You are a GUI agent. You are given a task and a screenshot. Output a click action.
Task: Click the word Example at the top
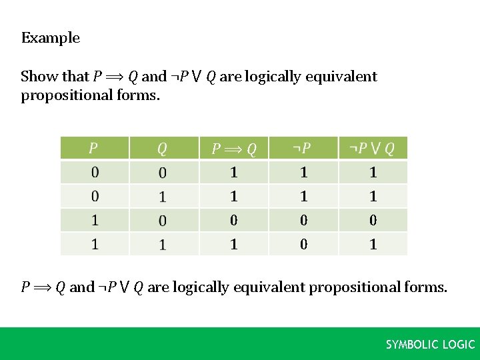51,38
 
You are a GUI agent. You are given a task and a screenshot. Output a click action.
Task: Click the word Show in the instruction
36,77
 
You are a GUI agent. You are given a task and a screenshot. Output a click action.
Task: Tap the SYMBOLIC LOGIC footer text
431,345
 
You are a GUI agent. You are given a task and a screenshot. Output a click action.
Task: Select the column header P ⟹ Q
234,148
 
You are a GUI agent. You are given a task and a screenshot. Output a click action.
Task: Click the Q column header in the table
162,148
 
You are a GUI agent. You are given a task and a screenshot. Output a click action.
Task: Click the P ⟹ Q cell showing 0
234,220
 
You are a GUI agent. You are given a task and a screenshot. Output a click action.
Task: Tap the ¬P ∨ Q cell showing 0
373,220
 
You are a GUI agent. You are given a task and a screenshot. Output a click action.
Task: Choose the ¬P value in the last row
303,244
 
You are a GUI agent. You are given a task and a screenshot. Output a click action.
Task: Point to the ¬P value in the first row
303,173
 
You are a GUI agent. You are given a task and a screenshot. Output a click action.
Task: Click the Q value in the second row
162,197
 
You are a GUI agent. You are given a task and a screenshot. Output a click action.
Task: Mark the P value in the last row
95,244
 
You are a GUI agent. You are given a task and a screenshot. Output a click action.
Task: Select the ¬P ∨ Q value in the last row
373,244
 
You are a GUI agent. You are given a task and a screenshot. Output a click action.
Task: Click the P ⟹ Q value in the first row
234,173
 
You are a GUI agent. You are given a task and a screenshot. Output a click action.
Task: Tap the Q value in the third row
162,220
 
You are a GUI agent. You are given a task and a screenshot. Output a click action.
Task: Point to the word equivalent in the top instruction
341,77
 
